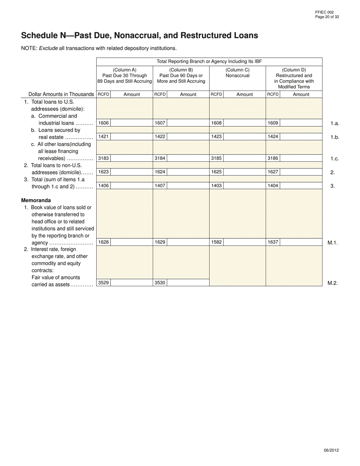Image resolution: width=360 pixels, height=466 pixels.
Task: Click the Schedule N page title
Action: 139,36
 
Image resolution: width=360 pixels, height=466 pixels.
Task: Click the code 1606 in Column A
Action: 103,123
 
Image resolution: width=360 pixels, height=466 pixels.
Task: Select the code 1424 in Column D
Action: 273,137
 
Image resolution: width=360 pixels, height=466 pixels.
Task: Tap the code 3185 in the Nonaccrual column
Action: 216,158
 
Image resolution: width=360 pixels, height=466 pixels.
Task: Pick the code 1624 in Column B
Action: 160,172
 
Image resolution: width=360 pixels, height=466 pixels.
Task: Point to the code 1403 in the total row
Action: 216,186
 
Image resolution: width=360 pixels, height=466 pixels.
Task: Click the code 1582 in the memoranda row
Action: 216,242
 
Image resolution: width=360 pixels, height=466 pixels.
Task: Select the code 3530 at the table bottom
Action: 160,283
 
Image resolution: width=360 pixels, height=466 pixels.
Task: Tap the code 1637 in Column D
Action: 273,242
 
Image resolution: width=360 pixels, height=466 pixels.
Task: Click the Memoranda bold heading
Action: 36,200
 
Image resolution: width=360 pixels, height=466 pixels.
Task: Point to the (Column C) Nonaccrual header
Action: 238,73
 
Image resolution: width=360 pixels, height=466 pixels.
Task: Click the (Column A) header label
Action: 125,70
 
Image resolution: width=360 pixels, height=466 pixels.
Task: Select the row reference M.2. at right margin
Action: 332,283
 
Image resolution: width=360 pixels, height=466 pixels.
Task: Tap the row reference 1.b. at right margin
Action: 334,137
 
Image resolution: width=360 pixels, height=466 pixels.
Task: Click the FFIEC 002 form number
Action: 324,13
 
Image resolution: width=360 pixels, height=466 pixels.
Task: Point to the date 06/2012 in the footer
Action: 331,450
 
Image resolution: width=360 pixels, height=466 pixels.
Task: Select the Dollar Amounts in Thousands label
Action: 61,94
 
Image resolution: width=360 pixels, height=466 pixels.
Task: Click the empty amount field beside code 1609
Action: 301,123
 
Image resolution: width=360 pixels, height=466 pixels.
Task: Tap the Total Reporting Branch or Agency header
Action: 209,61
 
